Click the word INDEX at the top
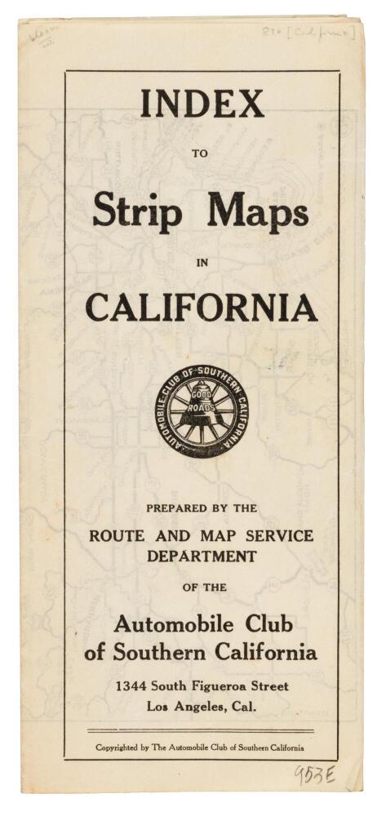tap(202, 104)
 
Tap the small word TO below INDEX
tap(200, 151)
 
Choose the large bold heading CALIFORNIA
tap(202, 308)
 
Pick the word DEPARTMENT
tap(202, 557)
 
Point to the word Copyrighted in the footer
tap(122, 747)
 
